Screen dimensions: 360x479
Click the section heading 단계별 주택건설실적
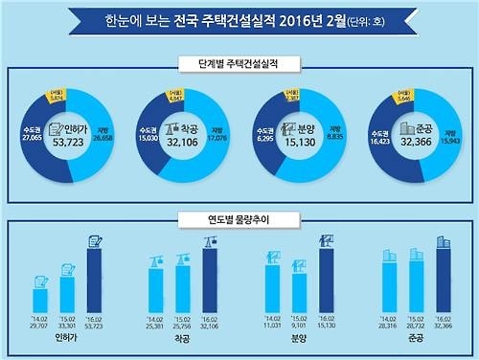239,65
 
